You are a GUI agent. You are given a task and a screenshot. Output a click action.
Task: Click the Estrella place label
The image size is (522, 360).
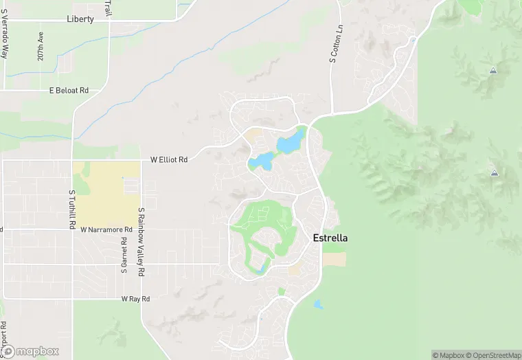[330, 238]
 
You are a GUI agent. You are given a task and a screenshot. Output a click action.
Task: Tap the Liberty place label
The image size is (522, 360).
[80, 19]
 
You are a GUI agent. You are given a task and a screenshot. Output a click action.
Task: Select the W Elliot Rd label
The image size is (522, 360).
[169, 159]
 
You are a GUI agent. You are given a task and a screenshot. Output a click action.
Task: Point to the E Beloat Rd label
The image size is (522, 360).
[69, 90]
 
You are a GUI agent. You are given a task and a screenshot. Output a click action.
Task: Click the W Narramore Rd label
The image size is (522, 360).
[106, 229]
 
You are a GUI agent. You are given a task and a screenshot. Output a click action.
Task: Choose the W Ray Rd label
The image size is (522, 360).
[135, 299]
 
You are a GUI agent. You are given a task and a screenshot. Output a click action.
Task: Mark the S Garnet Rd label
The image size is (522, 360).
[124, 255]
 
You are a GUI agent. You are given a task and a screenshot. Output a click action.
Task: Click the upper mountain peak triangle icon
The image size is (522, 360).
[493, 71]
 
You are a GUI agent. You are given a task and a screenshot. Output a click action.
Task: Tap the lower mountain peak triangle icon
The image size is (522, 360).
[494, 172]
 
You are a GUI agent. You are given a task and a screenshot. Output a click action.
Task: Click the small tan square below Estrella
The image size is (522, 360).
[334, 260]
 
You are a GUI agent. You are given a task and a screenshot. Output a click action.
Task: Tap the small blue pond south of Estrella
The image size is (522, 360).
[317, 304]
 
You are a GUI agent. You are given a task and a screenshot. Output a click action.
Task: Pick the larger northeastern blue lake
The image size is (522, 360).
[291, 142]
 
